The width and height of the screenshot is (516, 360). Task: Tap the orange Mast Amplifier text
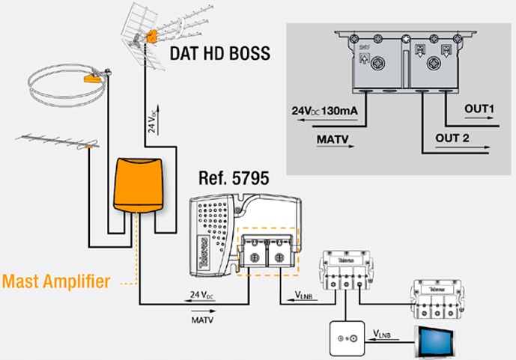pos(56,282)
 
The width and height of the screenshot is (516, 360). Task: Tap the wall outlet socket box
pos(347,337)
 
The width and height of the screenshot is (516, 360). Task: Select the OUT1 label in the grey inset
pos(480,110)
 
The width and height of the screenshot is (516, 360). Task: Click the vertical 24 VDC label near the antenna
pos(152,118)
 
